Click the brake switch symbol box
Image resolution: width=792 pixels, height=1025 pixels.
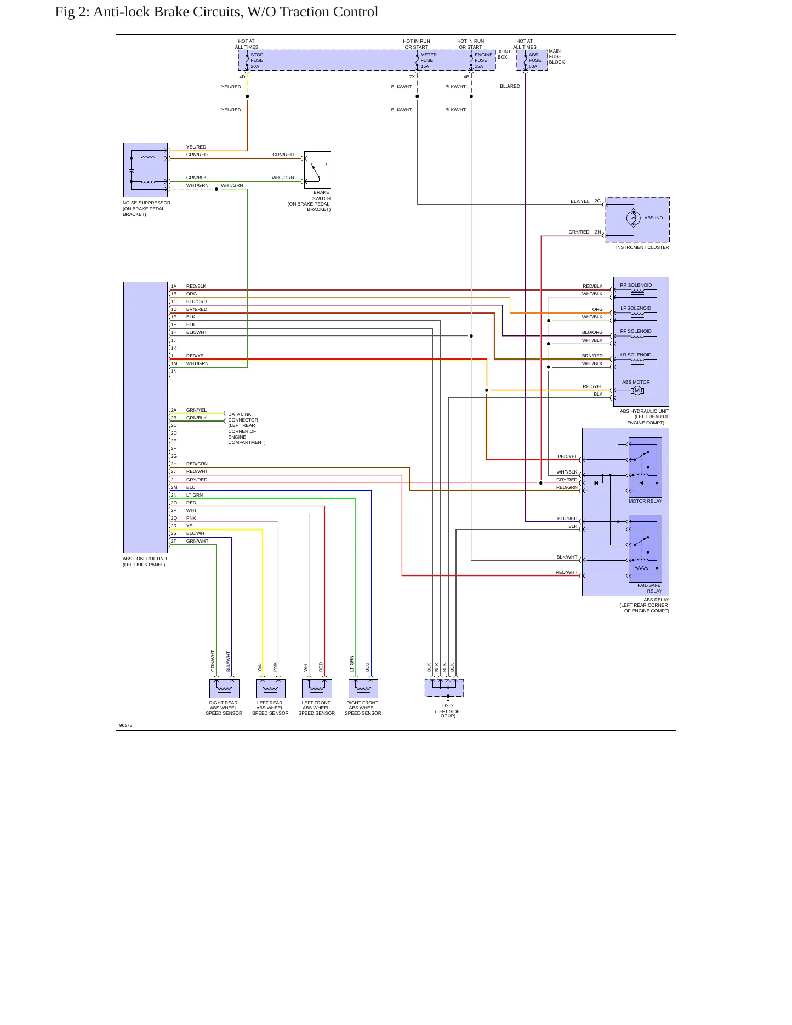tap(317, 170)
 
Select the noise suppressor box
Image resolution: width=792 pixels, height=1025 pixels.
tap(145, 170)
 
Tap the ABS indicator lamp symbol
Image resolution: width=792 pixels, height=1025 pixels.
tap(634, 218)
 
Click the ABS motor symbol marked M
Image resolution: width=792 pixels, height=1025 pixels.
tap(637, 391)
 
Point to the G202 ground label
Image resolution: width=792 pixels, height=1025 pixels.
tap(448, 706)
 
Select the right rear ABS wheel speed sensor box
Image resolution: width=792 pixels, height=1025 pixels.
tap(224, 689)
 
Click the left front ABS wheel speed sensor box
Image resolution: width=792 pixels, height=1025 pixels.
tap(317, 689)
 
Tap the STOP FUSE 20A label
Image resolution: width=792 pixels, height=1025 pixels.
tap(257, 60)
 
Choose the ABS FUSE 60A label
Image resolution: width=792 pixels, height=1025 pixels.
tap(534, 60)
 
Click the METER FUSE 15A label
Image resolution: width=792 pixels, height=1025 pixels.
tap(429, 60)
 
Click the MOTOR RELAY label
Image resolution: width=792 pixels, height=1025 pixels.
tap(645, 501)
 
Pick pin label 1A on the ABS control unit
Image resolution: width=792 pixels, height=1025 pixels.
tap(174, 286)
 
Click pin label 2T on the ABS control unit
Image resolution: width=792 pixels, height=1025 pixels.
tap(174, 541)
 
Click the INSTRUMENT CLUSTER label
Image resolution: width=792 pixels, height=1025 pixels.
tap(642, 247)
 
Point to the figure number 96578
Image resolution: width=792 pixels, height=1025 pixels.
tap(126, 725)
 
